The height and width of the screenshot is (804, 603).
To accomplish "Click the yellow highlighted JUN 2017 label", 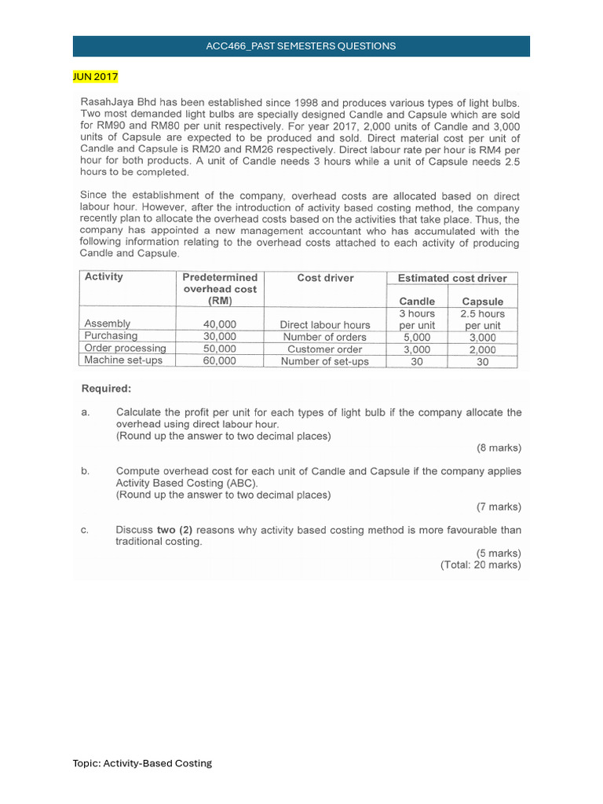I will pyautogui.click(x=95, y=77).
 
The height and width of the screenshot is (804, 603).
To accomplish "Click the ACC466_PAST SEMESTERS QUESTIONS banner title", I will pyautogui.click(x=301, y=46).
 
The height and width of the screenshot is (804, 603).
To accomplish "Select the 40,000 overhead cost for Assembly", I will pyautogui.click(x=219, y=324).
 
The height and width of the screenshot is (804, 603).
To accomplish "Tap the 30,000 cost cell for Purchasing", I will pyautogui.click(x=219, y=336).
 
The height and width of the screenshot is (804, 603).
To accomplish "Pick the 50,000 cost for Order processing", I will pyautogui.click(x=219, y=349).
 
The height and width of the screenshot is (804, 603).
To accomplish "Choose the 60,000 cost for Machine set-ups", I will pyautogui.click(x=219, y=361).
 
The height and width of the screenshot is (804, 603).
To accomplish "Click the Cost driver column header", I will pyautogui.click(x=325, y=278).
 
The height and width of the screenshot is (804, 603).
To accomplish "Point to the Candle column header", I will pyautogui.click(x=417, y=301).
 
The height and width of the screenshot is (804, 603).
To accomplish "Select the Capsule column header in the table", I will pyautogui.click(x=482, y=301).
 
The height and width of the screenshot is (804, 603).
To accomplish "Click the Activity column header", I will pyautogui.click(x=104, y=277).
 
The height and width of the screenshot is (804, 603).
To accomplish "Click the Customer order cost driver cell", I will pyautogui.click(x=325, y=349).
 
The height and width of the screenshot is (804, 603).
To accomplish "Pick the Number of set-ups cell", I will pyautogui.click(x=325, y=361).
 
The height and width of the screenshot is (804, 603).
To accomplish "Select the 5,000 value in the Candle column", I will pyautogui.click(x=417, y=337).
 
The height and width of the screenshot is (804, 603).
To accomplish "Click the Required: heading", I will pyautogui.click(x=107, y=388).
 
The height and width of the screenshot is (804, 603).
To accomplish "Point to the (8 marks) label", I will pyautogui.click(x=499, y=448).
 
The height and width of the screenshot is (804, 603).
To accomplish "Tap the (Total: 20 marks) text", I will pyautogui.click(x=481, y=565).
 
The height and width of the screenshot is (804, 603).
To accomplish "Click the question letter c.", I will pyautogui.click(x=84, y=530).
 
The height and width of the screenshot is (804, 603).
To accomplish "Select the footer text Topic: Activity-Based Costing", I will pyautogui.click(x=142, y=763).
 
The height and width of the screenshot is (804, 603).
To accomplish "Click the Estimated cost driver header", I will pyautogui.click(x=451, y=278).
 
